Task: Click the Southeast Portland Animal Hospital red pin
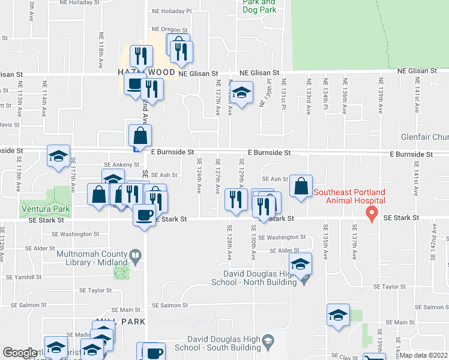pos(372,212)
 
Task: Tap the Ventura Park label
pos(45,209)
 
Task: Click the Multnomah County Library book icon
pos(136,257)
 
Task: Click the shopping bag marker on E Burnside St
pos(140,136)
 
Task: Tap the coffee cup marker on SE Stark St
pos(144,215)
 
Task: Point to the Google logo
pos(20,353)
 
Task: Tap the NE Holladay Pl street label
pos(171,11)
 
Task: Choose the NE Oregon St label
pos(170,29)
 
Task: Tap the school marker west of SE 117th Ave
pos(58,156)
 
